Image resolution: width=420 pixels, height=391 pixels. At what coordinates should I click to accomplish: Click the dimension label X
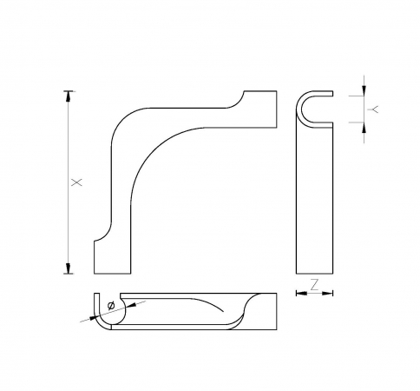(x=75, y=182)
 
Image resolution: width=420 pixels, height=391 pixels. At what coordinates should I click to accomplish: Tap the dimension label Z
(x=315, y=283)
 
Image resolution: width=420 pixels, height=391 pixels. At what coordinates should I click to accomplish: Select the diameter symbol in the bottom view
(x=110, y=305)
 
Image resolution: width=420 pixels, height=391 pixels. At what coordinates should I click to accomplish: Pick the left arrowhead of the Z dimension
(x=300, y=293)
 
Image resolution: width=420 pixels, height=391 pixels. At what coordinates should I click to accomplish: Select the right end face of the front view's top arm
(x=277, y=108)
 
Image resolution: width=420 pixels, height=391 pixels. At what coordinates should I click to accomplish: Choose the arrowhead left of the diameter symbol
(x=98, y=312)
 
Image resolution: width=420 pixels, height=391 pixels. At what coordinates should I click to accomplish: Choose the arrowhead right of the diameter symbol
(x=126, y=302)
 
